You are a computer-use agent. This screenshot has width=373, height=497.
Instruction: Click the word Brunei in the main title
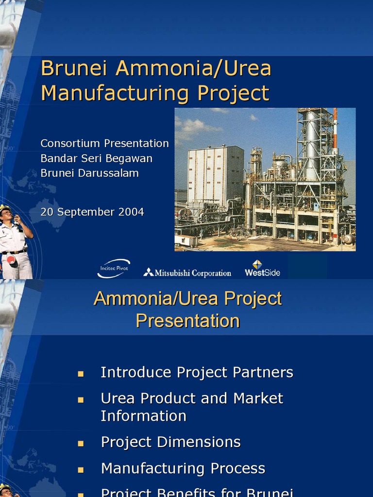click(x=75, y=68)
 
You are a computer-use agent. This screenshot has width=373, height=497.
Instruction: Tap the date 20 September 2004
click(x=92, y=212)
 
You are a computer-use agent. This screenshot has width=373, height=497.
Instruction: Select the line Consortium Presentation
click(x=104, y=144)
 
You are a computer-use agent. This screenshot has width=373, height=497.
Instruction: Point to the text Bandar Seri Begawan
click(x=96, y=159)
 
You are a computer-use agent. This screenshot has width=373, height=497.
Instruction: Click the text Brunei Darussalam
click(x=89, y=173)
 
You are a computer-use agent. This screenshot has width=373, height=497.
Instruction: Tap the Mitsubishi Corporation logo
click(x=187, y=273)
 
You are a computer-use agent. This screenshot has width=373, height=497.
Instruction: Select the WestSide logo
click(x=262, y=268)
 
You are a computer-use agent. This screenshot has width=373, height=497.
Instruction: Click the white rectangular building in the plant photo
click(x=215, y=175)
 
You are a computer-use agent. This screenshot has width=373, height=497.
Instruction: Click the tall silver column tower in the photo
click(x=311, y=146)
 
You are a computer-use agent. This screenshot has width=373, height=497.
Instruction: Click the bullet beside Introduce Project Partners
click(x=81, y=374)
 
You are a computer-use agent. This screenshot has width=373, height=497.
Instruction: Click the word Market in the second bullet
click(x=258, y=398)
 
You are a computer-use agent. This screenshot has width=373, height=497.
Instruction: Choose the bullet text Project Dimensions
click(x=170, y=442)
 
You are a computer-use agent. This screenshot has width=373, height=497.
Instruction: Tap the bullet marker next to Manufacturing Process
click(x=81, y=470)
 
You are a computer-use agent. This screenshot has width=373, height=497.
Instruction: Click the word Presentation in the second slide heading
click(x=187, y=321)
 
